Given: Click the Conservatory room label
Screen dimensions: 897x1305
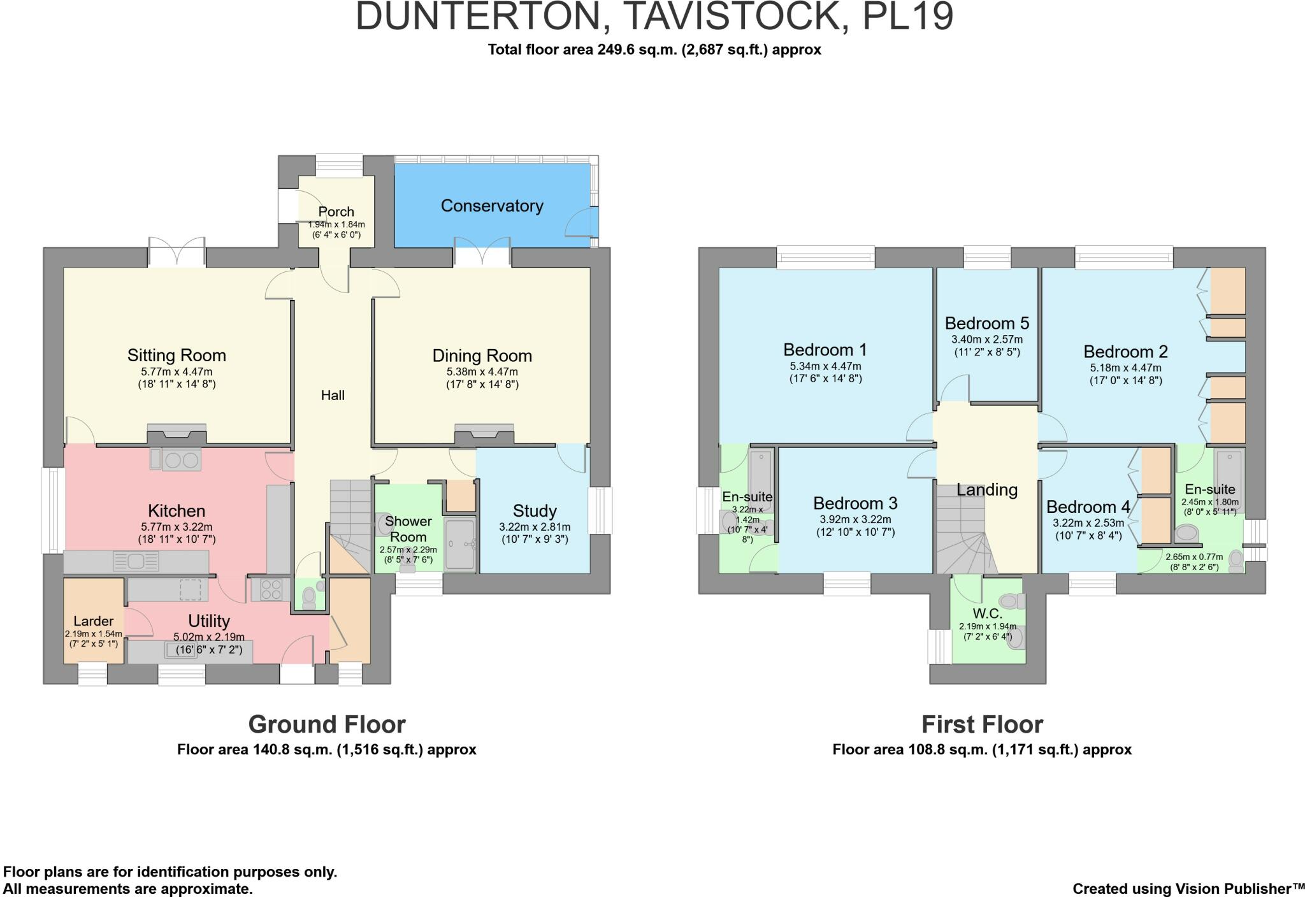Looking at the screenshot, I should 492,206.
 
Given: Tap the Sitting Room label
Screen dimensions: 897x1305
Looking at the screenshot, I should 177,355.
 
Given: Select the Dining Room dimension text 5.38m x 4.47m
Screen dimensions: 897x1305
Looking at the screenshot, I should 482,372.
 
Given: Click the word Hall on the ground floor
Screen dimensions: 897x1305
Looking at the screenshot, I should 333,396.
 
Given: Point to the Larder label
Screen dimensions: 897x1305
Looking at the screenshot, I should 94,621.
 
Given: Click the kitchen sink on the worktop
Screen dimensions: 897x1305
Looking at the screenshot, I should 136,561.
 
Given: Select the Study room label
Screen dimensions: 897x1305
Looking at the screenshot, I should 535,511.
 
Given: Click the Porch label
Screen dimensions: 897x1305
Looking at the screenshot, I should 336,212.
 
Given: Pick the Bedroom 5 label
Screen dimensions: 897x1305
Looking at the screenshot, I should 987,323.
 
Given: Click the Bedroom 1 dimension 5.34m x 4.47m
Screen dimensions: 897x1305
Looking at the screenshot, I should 825,366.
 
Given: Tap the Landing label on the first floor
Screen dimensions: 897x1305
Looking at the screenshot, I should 986,489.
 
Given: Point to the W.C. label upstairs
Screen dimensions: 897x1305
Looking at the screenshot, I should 988,614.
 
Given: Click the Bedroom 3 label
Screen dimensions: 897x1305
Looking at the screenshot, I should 855,503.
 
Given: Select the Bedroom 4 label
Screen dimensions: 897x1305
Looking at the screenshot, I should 1088,507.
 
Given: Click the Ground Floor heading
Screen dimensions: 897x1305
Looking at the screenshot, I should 326,724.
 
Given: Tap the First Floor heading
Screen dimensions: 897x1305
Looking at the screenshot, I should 982,724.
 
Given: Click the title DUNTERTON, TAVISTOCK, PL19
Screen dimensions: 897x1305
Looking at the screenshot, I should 654,17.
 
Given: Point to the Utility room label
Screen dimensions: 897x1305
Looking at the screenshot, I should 209,621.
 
